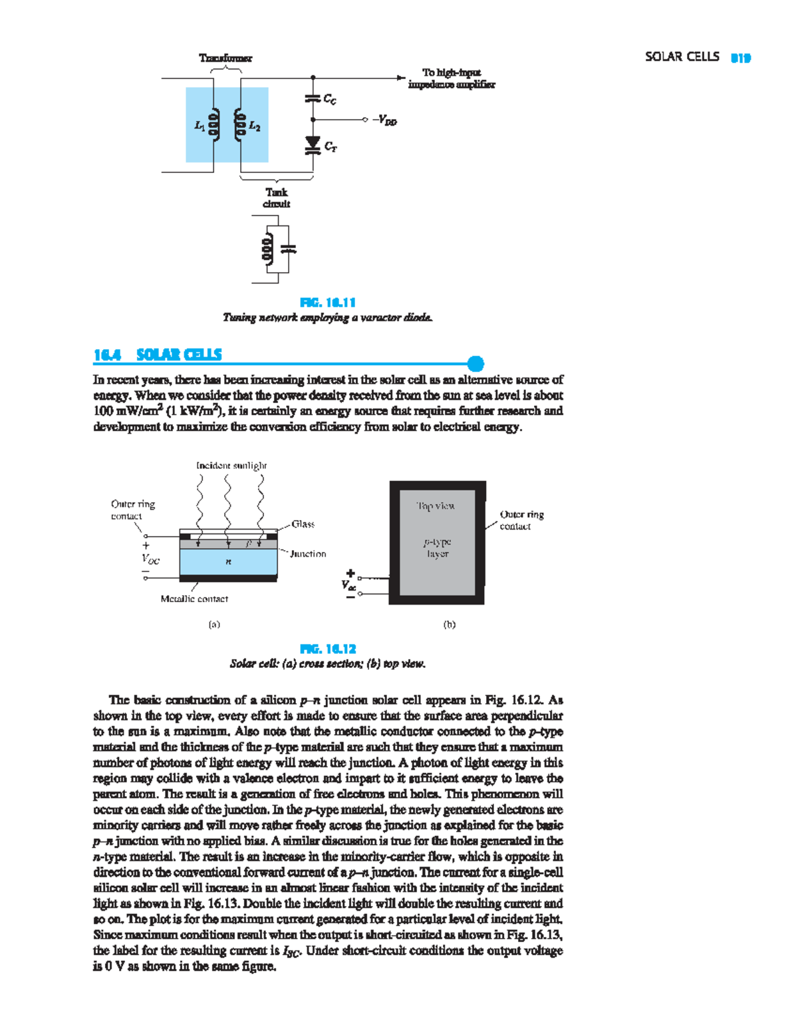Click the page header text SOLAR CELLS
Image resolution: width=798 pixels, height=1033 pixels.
[682, 57]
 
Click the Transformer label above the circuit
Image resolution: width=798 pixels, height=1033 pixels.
[225, 58]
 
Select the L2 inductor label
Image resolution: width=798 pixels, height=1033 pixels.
[255, 126]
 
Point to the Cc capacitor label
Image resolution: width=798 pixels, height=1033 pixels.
[330, 99]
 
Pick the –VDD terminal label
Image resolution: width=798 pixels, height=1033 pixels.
[385, 120]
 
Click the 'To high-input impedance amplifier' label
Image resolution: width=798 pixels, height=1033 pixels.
[452, 78]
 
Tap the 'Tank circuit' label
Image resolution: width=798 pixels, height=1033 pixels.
[277, 198]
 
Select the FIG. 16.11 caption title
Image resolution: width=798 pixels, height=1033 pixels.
[328, 303]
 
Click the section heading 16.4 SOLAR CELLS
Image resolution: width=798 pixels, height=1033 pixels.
[158, 355]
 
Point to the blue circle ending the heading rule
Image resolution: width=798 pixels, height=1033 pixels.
[475, 363]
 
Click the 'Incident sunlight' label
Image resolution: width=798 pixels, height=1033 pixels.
[231, 466]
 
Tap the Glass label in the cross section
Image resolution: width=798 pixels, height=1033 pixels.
[303, 524]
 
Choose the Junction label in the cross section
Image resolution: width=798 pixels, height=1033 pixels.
[308, 553]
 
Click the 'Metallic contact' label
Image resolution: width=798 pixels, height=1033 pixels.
[194, 599]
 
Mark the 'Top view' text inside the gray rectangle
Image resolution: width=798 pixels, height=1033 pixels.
[436, 506]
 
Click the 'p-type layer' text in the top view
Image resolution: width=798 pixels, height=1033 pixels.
[438, 548]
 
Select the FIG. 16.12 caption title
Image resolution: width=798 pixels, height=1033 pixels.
[328, 649]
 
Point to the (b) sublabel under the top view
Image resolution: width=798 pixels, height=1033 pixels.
[450, 624]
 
